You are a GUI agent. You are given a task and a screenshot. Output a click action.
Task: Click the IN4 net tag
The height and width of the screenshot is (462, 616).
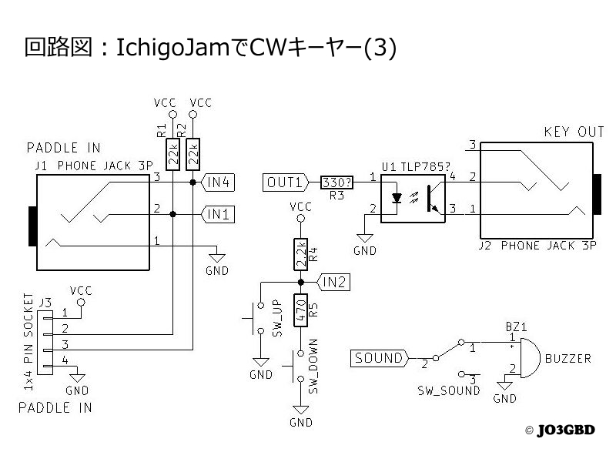point(219,182)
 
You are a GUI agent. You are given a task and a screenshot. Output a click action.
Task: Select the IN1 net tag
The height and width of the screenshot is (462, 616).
point(219,214)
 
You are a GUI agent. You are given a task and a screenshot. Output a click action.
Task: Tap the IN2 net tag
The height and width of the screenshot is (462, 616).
point(334,283)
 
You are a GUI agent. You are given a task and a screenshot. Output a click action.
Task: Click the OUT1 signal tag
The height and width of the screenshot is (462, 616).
point(286,182)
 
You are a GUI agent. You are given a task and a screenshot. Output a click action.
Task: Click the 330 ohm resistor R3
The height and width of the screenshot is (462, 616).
point(336,182)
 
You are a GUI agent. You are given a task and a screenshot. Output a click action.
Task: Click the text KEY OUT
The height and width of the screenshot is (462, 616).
point(574,132)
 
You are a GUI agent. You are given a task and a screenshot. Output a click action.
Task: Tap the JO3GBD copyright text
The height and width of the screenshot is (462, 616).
point(565,430)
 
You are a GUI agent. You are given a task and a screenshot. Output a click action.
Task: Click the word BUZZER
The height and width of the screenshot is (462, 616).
point(568,359)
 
